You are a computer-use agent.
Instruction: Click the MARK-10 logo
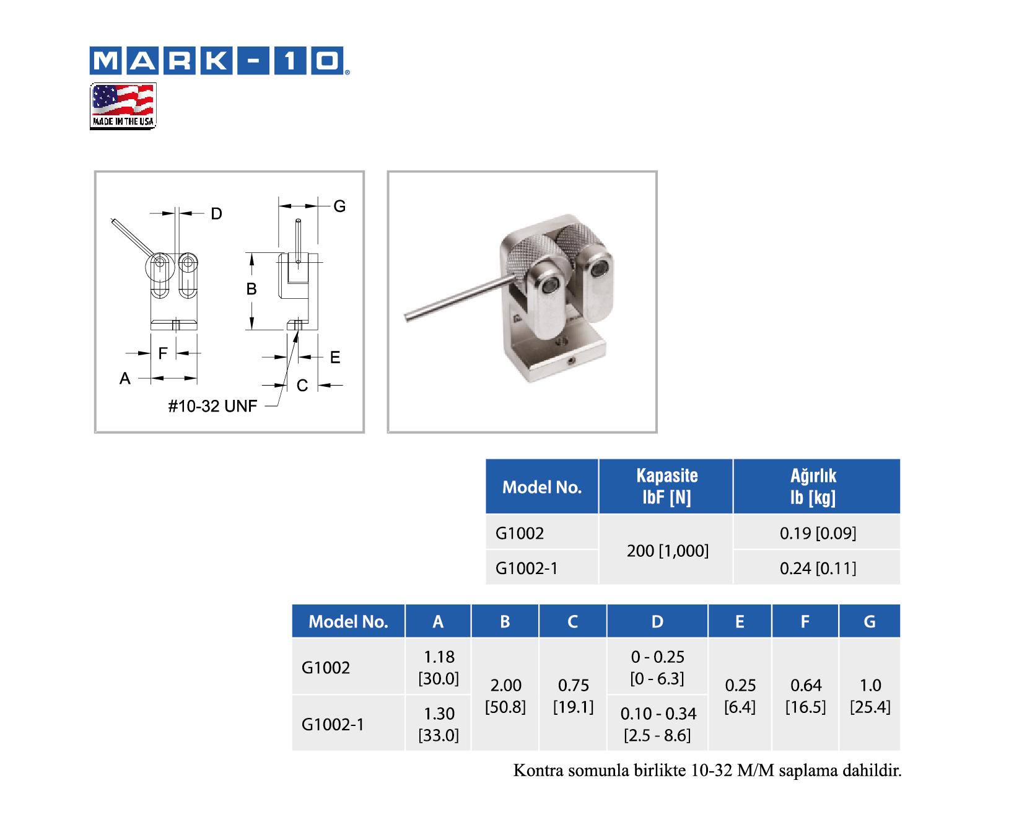tap(219, 61)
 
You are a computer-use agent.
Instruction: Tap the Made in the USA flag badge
tap(123, 106)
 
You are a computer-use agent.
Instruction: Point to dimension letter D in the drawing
tap(216, 214)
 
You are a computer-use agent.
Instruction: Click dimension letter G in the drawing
tap(339, 206)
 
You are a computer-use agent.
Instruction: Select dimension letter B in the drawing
tap(251, 289)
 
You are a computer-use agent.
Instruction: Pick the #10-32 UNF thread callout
tap(212, 406)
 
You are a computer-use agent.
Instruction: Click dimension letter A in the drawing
tap(125, 378)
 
